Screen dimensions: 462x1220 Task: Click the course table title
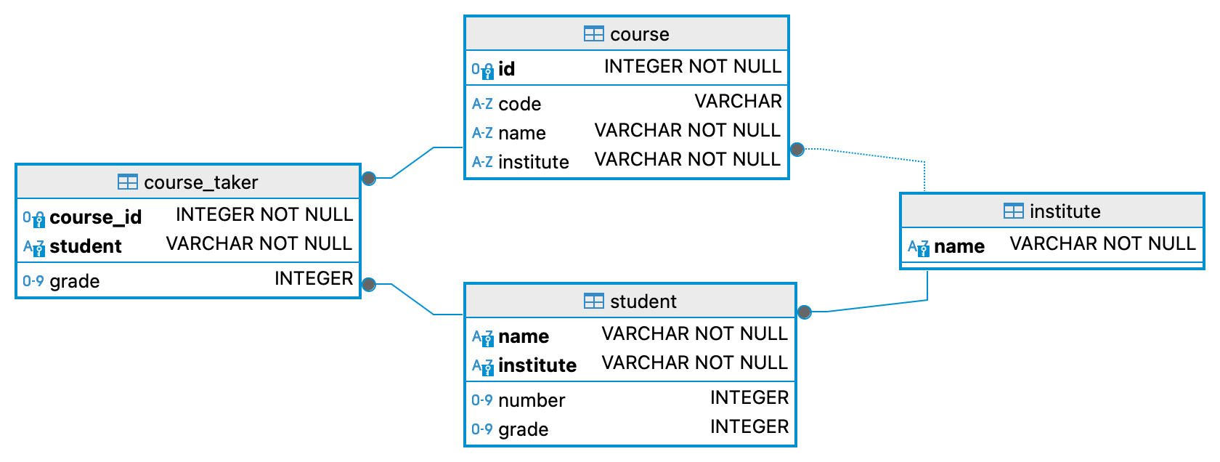(x=639, y=34)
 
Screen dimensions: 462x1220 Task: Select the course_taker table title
(x=200, y=182)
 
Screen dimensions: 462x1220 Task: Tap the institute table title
(x=1065, y=211)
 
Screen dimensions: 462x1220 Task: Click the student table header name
(x=643, y=301)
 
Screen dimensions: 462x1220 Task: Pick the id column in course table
(x=507, y=69)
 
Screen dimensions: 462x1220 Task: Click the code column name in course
(x=519, y=104)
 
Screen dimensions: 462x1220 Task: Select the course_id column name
(x=95, y=217)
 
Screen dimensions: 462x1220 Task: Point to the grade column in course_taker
(x=74, y=281)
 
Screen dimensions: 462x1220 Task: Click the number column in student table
(x=531, y=400)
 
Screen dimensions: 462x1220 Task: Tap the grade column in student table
(x=523, y=429)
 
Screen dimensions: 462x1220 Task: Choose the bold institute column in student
(x=537, y=365)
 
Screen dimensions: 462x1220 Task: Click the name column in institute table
(x=959, y=246)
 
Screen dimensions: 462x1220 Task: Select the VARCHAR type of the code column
(x=738, y=101)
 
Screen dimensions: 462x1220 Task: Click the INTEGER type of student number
(x=749, y=397)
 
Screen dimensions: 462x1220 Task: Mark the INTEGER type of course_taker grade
(x=313, y=278)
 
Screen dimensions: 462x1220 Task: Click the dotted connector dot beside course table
(x=797, y=150)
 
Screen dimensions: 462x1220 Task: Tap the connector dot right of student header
(x=804, y=312)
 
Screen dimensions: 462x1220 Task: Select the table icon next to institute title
(x=1013, y=211)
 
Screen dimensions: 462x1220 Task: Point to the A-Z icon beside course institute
(x=482, y=162)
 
